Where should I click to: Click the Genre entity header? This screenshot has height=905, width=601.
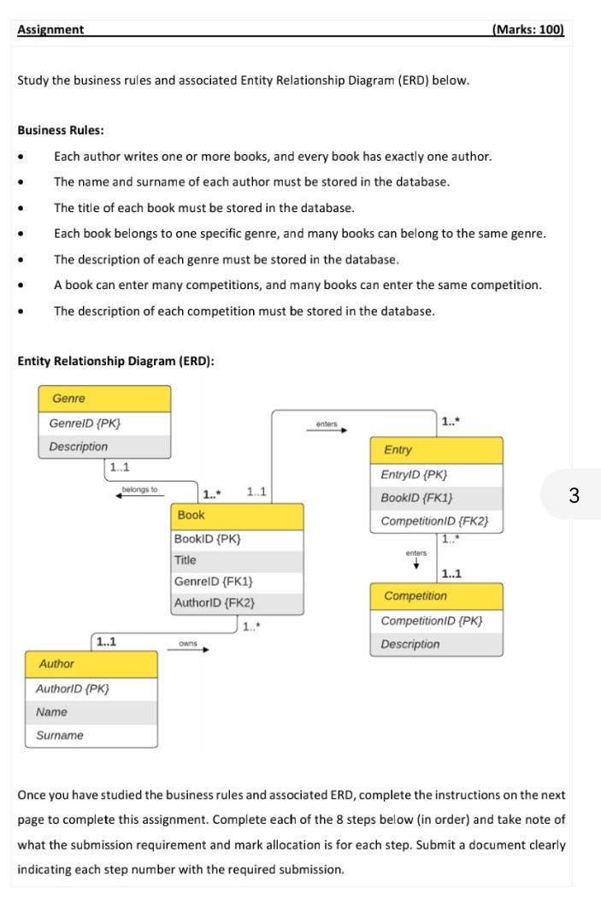click(x=104, y=399)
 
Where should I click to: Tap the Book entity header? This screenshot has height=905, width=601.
click(x=238, y=516)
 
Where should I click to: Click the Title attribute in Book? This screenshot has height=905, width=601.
click(x=186, y=560)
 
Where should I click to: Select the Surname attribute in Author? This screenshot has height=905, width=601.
click(x=60, y=736)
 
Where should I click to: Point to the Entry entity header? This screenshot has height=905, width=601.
click(x=436, y=450)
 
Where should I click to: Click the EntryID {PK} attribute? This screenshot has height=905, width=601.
click(x=415, y=475)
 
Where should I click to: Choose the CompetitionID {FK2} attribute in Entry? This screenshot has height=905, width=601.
click(x=435, y=521)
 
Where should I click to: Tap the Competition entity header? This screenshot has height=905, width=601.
click(x=436, y=596)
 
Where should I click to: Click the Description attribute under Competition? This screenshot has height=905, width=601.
click(x=410, y=645)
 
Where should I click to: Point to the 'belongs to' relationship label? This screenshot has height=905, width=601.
click(x=140, y=489)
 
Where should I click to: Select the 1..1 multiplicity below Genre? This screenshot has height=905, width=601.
click(x=119, y=467)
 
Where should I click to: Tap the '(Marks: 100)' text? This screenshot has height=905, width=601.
click(x=528, y=30)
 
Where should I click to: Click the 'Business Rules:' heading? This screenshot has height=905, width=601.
click(x=61, y=131)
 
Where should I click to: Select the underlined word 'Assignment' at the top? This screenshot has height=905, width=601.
click(x=50, y=30)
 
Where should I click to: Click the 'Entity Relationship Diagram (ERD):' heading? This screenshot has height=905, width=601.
click(x=115, y=361)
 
